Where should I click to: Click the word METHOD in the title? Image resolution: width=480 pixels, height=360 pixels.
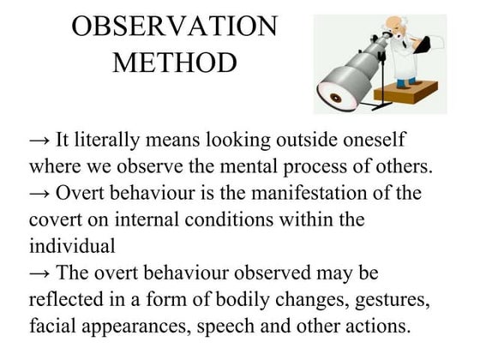point(175,64)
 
